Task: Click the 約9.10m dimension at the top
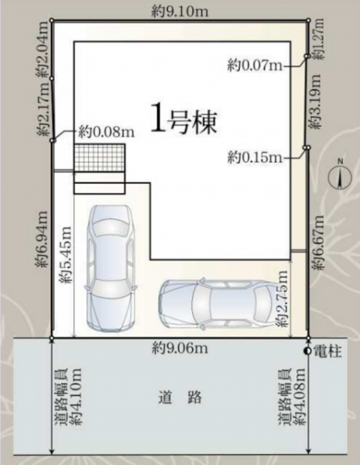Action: click(x=180, y=12)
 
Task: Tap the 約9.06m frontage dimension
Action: click(x=180, y=348)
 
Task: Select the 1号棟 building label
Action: click(x=184, y=122)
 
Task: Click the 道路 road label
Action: click(x=180, y=398)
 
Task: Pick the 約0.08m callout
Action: click(x=106, y=133)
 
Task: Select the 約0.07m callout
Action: click(x=255, y=66)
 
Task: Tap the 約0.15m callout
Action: click(x=255, y=157)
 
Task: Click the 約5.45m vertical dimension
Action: click(x=66, y=255)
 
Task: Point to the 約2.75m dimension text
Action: click(x=282, y=298)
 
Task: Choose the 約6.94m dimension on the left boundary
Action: click(x=42, y=239)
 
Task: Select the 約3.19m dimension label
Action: click(x=314, y=101)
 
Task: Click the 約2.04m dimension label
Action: click(x=43, y=50)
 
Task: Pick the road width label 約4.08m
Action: click(x=292, y=397)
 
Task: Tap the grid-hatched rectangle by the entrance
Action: click(x=99, y=157)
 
